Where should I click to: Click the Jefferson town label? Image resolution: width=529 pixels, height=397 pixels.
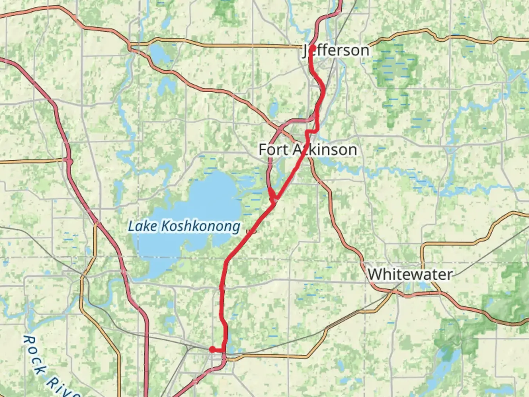(x=336, y=50)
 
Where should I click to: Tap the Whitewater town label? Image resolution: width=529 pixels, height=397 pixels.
(x=410, y=274)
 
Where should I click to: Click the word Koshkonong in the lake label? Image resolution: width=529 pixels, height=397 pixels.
(x=201, y=226)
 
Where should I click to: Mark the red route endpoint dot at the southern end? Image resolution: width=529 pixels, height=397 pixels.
(x=212, y=349)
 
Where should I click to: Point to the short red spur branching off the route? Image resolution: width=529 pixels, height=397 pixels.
(x=271, y=194)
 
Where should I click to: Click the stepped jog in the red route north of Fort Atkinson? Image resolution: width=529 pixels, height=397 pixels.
(x=312, y=131)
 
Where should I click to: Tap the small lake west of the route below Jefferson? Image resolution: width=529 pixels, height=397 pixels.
(x=274, y=109)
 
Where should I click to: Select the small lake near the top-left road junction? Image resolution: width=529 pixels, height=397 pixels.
(x=158, y=54)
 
